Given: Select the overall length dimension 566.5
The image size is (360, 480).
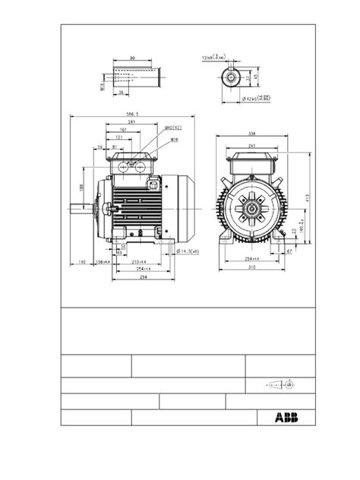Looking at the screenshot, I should pyautogui.click(x=131, y=115).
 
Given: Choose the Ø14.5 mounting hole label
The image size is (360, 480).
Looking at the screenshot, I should pyautogui.click(x=188, y=251).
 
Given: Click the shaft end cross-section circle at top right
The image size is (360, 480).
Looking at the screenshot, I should pyautogui.click(x=230, y=76).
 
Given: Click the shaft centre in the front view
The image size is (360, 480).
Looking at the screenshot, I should pyautogui.click(x=251, y=204).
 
